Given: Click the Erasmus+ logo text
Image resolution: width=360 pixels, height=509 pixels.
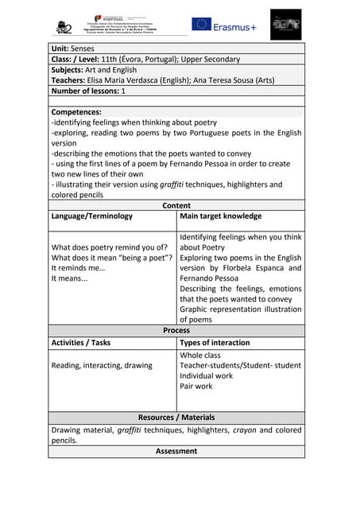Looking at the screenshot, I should tap(235, 26).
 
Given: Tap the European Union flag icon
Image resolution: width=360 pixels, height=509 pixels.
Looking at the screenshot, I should tap(201, 25).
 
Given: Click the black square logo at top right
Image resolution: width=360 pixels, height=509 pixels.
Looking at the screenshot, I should tap(285, 25).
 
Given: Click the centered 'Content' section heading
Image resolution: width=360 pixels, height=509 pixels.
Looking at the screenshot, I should tap(176, 205).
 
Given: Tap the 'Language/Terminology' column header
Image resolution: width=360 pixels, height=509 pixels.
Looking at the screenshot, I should tap(91, 216).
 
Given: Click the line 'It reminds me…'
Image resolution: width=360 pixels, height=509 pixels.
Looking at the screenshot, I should tap(78, 268).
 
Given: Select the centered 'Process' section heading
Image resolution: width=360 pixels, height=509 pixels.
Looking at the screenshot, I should tap(176, 330).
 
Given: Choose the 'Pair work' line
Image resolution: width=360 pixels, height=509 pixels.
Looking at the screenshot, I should tap(195, 387).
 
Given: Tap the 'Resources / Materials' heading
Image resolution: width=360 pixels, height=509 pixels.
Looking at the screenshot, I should tap(176, 417).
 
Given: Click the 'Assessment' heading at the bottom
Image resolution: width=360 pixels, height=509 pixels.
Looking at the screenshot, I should tap(176, 451).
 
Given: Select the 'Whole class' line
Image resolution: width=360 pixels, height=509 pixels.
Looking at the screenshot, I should tap(200, 356).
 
